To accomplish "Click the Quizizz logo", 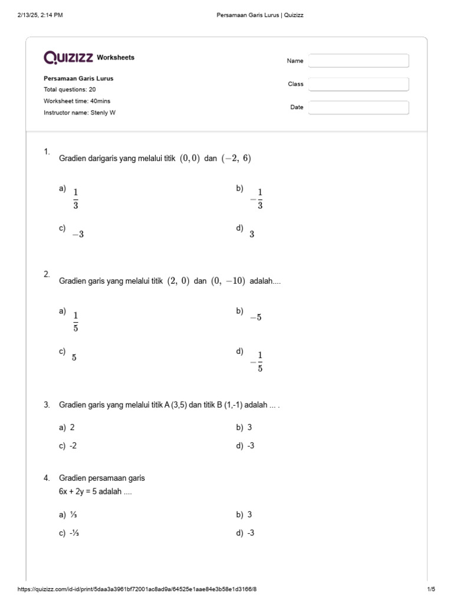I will [x=68, y=57].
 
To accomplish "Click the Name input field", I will [x=359, y=61].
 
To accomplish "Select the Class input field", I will [x=359, y=84].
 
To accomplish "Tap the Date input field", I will [x=359, y=107].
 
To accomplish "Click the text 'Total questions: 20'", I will [x=70, y=90].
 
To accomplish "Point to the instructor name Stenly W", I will [x=80, y=112].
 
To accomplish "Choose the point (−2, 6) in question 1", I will [x=236, y=158].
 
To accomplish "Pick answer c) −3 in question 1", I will [x=77, y=234].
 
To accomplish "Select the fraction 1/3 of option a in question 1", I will [x=75, y=199].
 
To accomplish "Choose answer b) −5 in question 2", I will [x=255, y=317].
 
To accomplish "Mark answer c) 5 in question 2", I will [x=74, y=357].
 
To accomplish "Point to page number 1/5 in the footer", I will [x=431, y=589].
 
